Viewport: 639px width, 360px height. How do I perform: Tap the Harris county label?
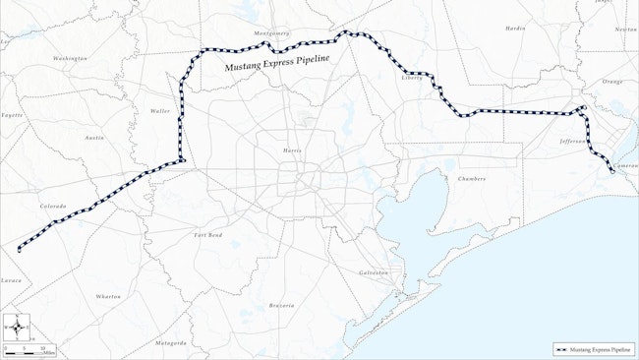(x=292, y=150)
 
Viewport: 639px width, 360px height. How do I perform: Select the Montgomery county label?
(x=271, y=33)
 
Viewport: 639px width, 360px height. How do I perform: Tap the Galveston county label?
(x=374, y=271)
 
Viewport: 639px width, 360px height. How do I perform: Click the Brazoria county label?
(x=281, y=306)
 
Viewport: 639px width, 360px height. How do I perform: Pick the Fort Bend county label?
(x=208, y=235)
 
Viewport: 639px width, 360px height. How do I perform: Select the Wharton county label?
(x=108, y=296)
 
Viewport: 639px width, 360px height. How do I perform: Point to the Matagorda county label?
(x=170, y=343)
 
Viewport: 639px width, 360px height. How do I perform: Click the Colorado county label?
(x=52, y=206)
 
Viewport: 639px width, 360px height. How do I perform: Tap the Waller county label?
(x=160, y=111)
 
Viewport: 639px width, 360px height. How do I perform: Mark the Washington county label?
(x=71, y=59)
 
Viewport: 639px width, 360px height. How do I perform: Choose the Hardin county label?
(x=515, y=29)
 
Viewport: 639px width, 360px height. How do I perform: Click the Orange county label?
(x=611, y=82)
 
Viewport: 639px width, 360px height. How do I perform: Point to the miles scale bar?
(x=29, y=350)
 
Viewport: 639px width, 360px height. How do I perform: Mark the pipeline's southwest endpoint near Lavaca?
(x=19, y=250)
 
